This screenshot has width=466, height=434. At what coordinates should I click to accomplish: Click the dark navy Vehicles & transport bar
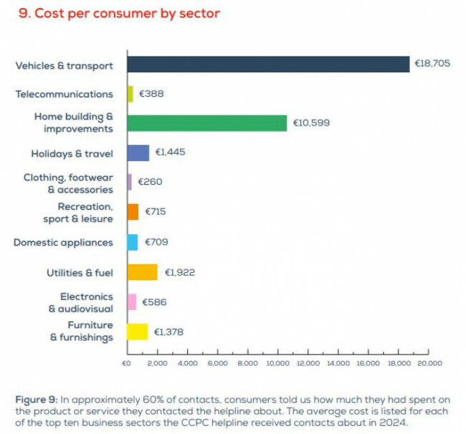click(x=267, y=64)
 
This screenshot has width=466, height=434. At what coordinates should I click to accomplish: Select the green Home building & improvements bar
click(x=206, y=123)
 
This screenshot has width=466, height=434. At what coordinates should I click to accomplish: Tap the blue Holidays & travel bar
click(x=138, y=153)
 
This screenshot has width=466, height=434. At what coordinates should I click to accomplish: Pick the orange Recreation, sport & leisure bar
click(x=133, y=212)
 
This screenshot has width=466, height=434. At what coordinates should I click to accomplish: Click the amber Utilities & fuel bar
click(x=142, y=272)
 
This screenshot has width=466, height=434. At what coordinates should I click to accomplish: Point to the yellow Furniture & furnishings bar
click(x=138, y=332)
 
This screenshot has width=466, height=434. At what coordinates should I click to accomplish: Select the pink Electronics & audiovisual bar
click(x=132, y=302)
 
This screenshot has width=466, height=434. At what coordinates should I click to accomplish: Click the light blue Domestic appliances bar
click(x=133, y=242)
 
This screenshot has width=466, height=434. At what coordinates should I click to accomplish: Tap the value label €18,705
click(x=432, y=64)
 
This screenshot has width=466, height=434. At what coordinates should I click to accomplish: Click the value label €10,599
click(x=311, y=123)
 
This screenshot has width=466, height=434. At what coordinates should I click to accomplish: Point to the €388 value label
click(x=151, y=94)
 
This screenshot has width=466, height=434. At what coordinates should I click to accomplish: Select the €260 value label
click(x=150, y=183)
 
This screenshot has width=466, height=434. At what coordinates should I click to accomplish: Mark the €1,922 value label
click(x=180, y=272)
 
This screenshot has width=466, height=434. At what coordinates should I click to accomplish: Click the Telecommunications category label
click(x=64, y=94)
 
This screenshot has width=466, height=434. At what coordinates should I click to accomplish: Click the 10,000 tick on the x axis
click(x=277, y=363)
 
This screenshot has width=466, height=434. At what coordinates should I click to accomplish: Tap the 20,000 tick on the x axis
click(x=428, y=363)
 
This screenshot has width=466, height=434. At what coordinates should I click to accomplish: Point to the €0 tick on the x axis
click(x=127, y=363)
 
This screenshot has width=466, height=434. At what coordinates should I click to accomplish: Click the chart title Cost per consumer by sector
click(x=119, y=14)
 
